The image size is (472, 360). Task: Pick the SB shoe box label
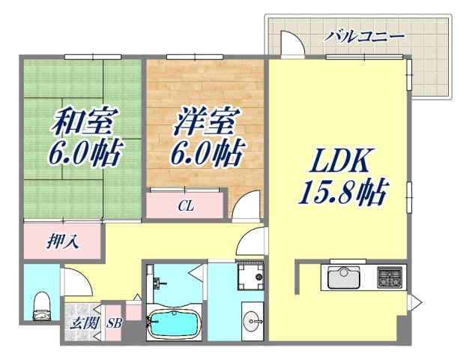[114, 324]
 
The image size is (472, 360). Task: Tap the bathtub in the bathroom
[174, 324]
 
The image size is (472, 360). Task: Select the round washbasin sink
[252, 318]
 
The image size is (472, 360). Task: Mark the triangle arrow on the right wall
[413, 303]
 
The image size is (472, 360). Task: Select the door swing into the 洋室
[248, 204]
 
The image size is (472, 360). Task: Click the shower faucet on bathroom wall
[158, 283]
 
